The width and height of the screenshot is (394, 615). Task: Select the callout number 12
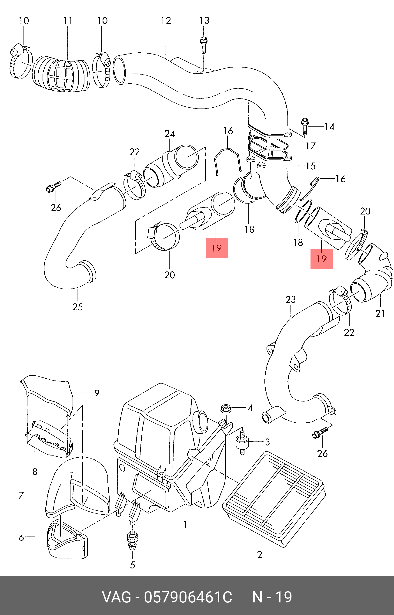point(166,21)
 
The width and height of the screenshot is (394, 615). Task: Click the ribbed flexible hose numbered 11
point(61,74)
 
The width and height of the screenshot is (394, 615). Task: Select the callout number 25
point(77,307)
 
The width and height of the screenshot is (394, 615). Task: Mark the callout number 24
point(170,134)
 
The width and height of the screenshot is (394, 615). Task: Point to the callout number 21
point(380,313)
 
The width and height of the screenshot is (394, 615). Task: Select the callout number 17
point(311,146)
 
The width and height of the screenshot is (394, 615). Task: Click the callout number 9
point(97,393)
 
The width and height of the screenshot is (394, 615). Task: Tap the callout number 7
point(21,495)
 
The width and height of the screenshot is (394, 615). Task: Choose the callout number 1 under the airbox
point(185,525)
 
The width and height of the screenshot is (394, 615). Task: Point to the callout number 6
point(21,537)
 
